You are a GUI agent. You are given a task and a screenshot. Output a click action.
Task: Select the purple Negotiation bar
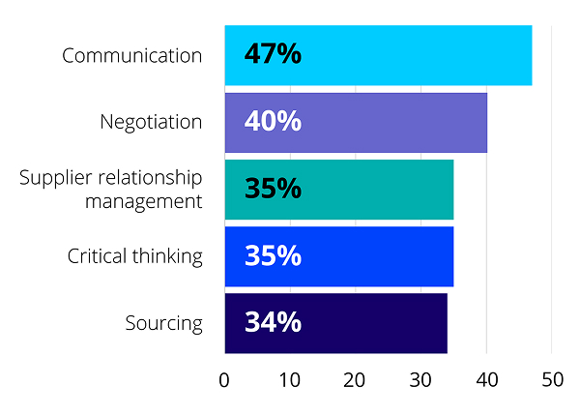387,122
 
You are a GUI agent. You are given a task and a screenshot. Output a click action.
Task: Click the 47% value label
273,54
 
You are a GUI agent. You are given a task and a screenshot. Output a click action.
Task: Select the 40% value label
273,122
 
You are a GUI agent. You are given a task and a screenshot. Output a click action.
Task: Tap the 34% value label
273,323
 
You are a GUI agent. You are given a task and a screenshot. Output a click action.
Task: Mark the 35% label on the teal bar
273,189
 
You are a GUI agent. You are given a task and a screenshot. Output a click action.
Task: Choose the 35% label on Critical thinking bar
273,256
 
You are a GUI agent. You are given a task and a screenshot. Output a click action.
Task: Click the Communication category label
132,55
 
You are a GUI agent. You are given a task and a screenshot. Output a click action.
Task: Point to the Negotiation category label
151,122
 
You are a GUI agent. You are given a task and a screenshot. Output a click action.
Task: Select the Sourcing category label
164,323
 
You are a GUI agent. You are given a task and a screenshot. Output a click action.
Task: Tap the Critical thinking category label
135,256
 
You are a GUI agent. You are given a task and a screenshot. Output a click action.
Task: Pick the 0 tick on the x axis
224,380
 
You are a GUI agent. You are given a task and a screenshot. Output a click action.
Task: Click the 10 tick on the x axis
289,380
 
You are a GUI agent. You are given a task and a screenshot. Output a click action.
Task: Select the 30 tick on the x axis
420,380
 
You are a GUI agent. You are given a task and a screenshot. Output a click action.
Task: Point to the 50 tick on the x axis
551,380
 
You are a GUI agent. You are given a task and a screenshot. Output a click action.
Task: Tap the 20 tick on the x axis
355,380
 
